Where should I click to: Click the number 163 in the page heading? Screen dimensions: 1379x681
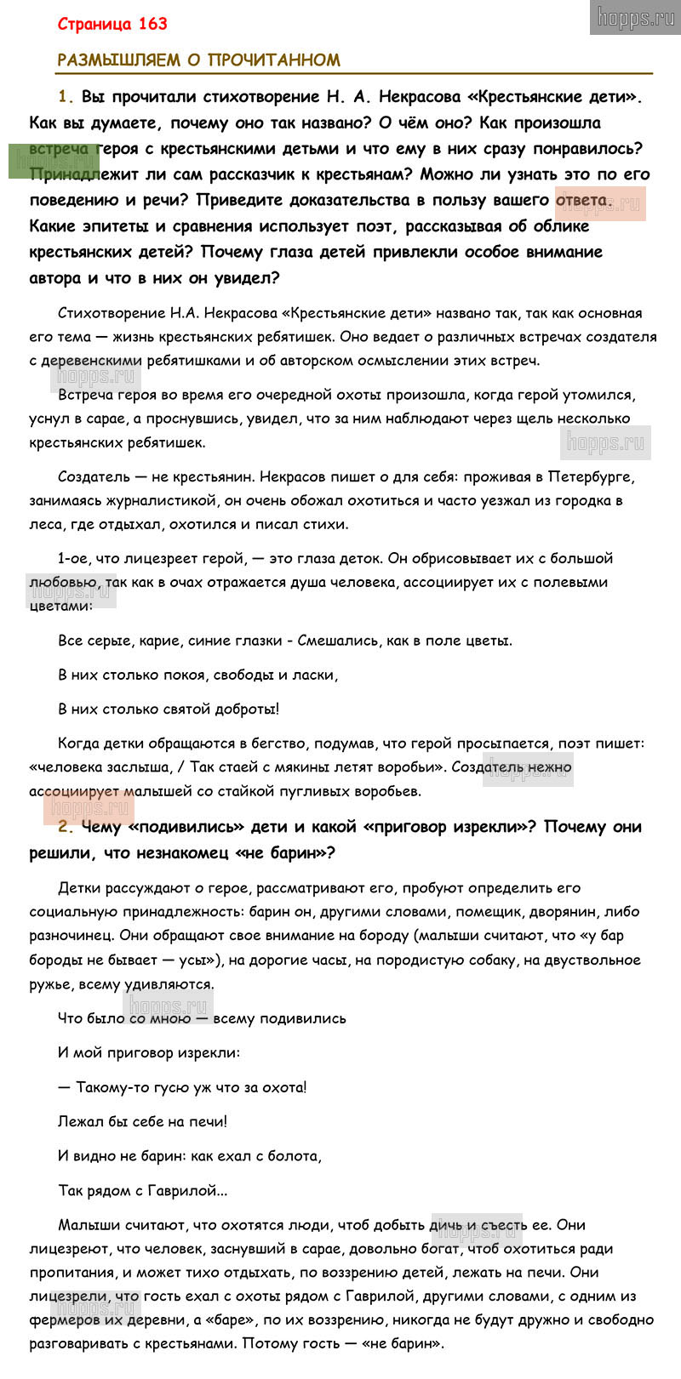(x=150, y=24)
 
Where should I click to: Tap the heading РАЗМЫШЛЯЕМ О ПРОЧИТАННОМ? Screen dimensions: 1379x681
(x=198, y=60)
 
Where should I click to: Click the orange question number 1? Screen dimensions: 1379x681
(x=62, y=96)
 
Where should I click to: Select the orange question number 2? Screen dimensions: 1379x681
(x=62, y=827)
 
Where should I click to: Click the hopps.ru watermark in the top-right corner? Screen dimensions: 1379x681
(x=635, y=18)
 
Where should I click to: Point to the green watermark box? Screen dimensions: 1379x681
(x=53, y=161)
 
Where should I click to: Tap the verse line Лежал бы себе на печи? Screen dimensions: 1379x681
(x=142, y=1122)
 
